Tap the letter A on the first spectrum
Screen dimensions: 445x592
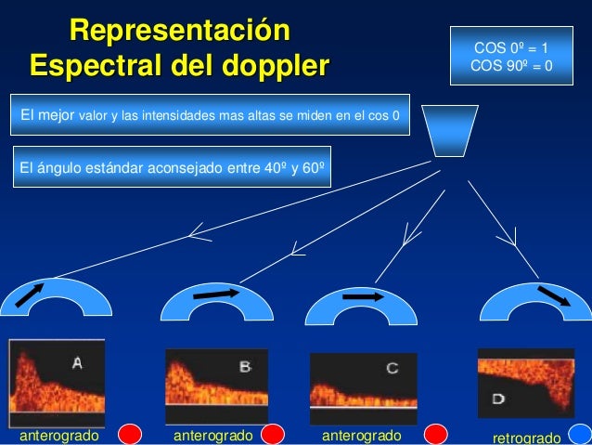[x=78, y=364]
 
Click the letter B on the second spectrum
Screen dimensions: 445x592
[x=244, y=367]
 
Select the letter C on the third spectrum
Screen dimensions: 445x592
[x=392, y=369]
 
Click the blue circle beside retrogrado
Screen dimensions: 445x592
[x=578, y=435]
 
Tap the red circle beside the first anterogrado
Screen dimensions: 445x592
[x=131, y=435]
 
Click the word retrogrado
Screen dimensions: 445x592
[x=526, y=438]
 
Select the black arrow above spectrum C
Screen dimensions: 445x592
[x=363, y=297]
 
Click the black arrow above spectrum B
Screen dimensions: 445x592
[x=215, y=294]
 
